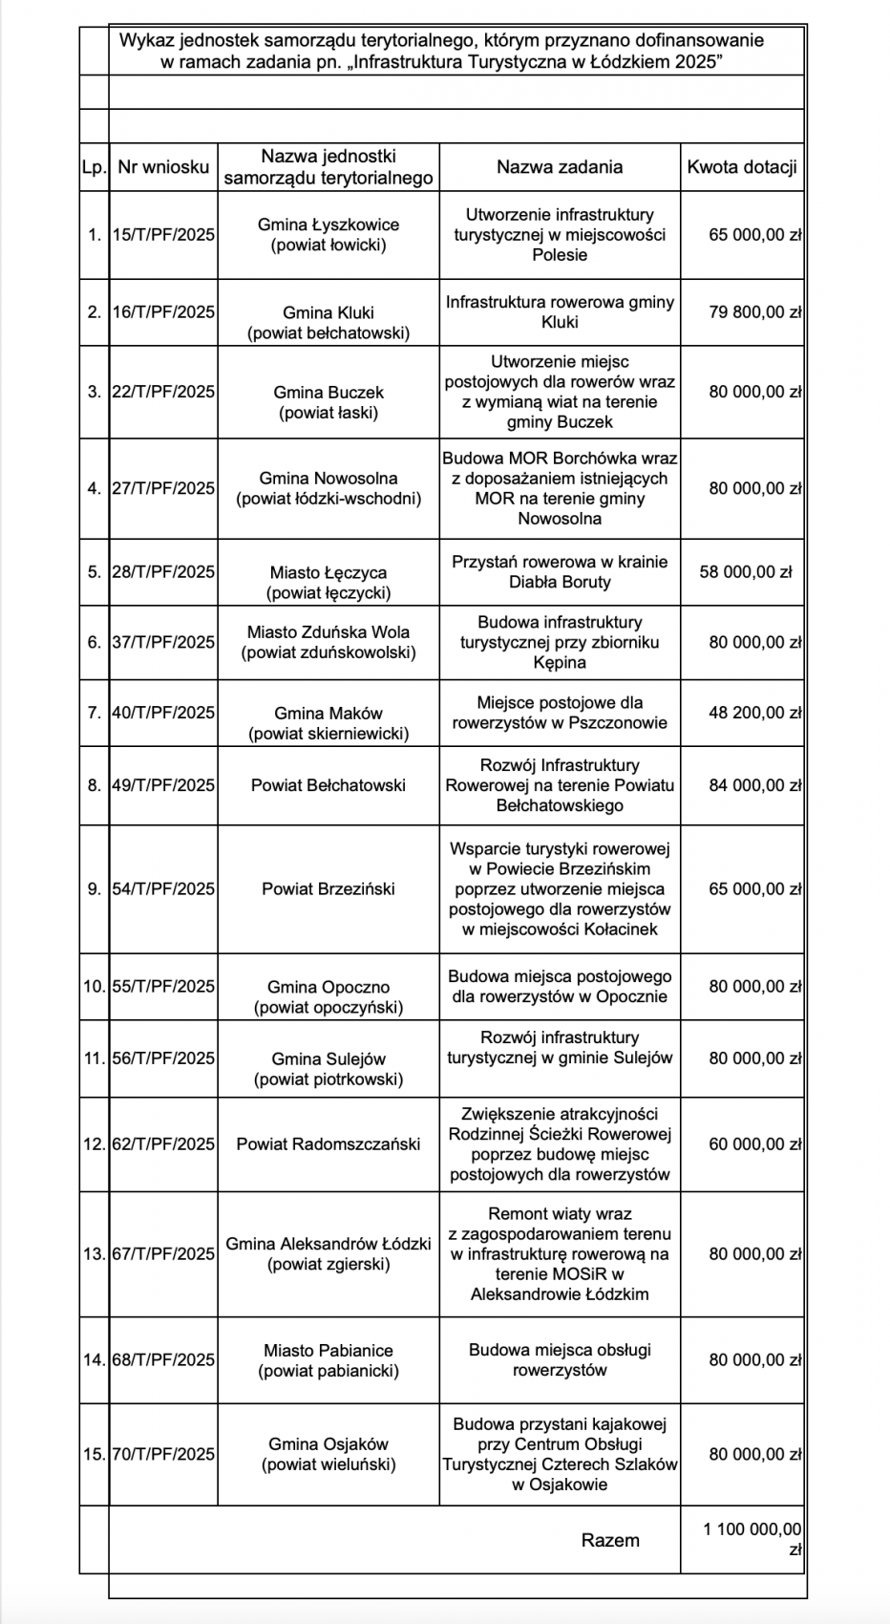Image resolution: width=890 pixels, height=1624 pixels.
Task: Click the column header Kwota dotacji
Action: coord(741,167)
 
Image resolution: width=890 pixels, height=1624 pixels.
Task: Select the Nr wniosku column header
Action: coord(163,167)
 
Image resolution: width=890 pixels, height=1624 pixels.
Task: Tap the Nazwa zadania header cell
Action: coord(560,167)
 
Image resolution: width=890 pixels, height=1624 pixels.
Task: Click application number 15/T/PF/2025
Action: coord(163,235)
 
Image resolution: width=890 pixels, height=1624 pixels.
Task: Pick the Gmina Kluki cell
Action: coord(328,322)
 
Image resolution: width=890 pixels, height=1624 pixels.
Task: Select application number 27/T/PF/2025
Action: coord(163,488)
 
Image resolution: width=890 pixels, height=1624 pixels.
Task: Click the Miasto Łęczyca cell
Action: coord(328,583)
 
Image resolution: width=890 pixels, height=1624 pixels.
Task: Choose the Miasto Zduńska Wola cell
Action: coord(328,642)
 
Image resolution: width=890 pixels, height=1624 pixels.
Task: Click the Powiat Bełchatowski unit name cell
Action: coord(328,785)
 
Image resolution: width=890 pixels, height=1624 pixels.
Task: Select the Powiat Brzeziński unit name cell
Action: coord(328,888)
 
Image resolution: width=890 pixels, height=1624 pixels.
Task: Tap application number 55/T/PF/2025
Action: coord(163,987)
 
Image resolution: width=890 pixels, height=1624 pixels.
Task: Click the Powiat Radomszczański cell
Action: coord(328,1143)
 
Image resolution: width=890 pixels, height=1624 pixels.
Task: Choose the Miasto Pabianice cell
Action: coord(328,1360)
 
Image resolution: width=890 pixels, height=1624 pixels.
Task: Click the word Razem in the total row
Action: coord(610,1540)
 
